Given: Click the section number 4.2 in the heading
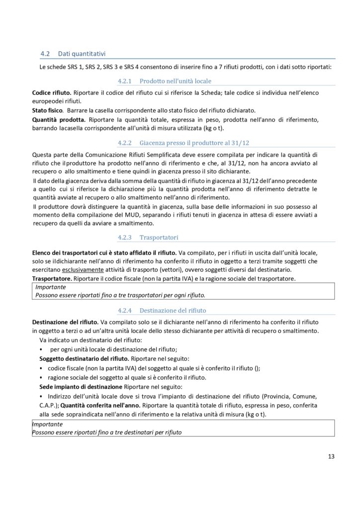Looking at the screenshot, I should (x=45, y=53).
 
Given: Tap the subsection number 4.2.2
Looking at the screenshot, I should (x=124, y=143).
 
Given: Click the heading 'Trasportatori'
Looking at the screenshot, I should (x=159, y=238).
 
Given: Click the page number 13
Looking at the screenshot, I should (x=331, y=456).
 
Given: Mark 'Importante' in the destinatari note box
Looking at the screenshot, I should (x=47, y=424).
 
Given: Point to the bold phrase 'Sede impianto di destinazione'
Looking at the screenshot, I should (x=81, y=386).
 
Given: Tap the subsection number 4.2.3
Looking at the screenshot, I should (x=124, y=238).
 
